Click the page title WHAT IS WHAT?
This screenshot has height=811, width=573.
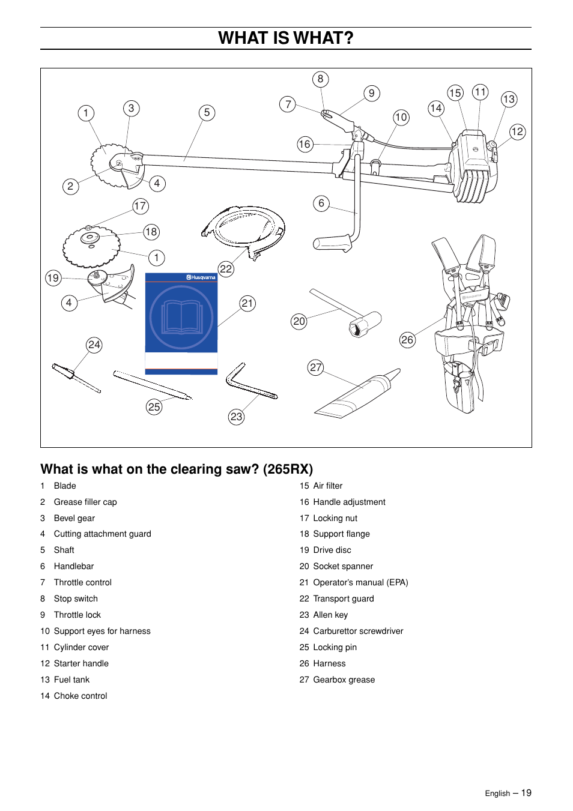[x=286, y=38]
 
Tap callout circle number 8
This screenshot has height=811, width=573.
[x=321, y=79]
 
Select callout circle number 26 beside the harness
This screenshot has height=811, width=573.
[x=407, y=340]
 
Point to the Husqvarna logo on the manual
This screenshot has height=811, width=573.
[x=201, y=277]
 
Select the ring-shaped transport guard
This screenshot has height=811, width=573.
[x=243, y=229]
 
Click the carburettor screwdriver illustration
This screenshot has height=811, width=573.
[x=75, y=377]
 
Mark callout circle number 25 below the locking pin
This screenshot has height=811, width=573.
[x=154, y=407]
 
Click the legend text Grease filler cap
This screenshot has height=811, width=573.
[x=85, y=502]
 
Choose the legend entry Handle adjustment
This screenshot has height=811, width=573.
[x=349, y=502]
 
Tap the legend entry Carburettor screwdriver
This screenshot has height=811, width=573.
[x=358, y=631]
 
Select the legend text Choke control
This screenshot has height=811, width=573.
[x=80, y=696]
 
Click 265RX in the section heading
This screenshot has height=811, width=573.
[x=288, y=469]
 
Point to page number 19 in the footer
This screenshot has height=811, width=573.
[x=526, y=793]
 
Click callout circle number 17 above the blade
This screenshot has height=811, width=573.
[x=141, y=206]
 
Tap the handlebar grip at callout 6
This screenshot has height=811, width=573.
[x=332, y=243]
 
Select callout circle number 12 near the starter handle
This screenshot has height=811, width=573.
[x=517, y=132]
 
